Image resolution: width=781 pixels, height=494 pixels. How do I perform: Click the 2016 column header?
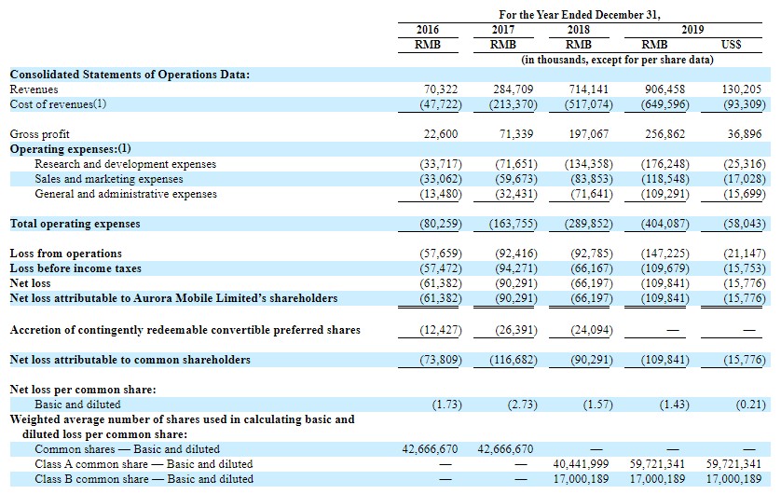(428, 30)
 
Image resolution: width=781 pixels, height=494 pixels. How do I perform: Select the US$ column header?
(731, 45)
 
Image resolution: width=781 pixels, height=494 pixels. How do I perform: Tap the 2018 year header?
(578, 30)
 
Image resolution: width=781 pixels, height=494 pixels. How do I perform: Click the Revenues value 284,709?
(513, 89)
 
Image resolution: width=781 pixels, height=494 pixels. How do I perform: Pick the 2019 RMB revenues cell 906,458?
(665, 89)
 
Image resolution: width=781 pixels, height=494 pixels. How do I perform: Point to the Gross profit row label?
(40, 134)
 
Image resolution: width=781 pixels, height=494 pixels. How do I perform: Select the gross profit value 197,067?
(589, 134)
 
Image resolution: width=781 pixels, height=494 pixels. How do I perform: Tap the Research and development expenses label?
(126, 164)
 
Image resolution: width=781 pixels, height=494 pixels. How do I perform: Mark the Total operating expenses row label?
(75, 224)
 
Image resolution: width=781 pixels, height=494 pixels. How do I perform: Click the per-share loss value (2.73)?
(522, 405)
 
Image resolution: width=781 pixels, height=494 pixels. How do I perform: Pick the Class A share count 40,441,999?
(581, 464)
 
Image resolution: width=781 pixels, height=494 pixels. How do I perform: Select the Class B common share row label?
(144, 479)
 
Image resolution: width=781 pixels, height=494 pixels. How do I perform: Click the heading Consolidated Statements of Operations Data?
(130, 75)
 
